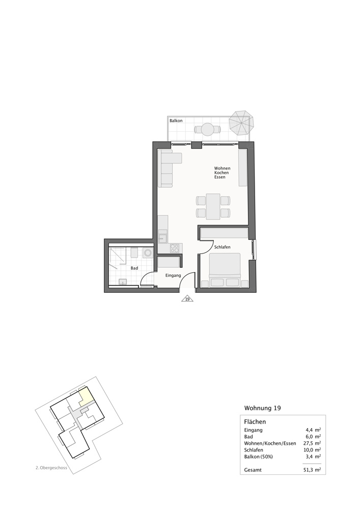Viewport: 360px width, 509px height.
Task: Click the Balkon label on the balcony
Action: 176,121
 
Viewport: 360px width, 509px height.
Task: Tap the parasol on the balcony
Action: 240,122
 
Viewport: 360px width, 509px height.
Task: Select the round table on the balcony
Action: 207,129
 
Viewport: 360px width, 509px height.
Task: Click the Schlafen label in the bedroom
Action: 223,247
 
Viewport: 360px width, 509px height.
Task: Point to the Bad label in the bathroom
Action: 134,268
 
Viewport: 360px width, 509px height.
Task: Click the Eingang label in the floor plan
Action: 173,275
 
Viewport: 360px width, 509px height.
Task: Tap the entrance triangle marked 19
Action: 187,299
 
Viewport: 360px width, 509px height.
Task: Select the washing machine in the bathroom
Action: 148,253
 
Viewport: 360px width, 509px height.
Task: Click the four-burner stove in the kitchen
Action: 175,248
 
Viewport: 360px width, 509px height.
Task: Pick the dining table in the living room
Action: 213,205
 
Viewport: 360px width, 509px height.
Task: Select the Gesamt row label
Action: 253,470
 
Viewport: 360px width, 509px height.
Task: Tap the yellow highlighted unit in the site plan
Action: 86,395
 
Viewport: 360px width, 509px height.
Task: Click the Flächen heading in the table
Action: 255,422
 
